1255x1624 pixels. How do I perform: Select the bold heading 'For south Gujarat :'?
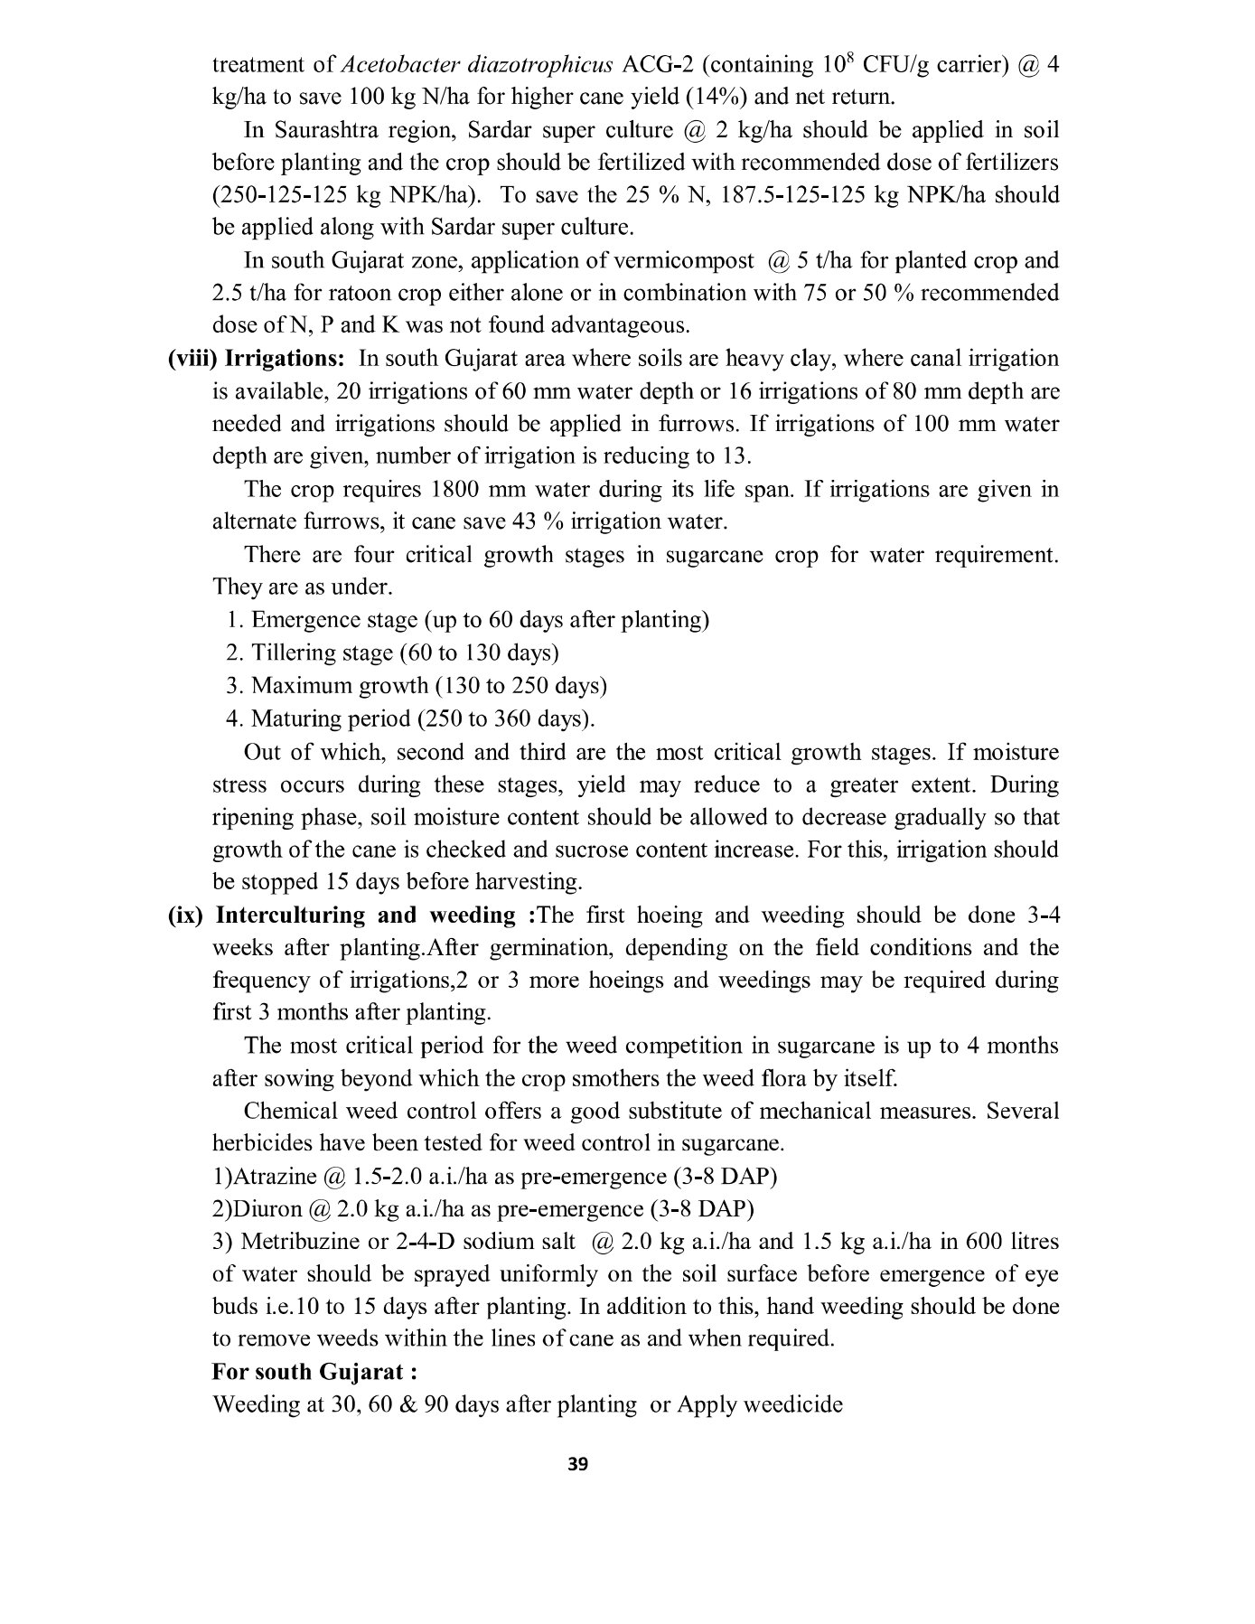pos(314,1372)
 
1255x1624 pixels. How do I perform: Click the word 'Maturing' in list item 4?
pos(293,719)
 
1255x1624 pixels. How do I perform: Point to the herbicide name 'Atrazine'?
pos(276,1177)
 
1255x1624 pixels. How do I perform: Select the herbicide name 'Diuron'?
pos(267,1209)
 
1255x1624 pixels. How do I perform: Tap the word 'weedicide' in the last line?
pos(788,1405)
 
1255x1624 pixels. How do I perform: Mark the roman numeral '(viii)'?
pos(192,359)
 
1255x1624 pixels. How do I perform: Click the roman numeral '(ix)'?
pos(187,915)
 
